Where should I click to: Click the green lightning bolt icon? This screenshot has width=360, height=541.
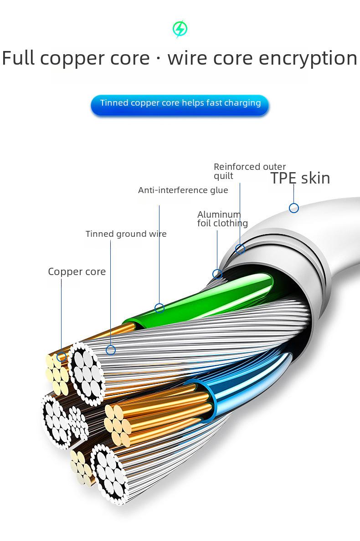(x=180, y=29)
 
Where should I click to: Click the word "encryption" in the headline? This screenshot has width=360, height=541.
(x=308, y=58)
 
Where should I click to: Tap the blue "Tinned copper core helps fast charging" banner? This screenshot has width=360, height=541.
(x=180, y=105)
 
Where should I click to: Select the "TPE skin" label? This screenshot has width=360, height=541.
(x=300, y=179)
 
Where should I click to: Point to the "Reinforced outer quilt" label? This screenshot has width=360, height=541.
(x=250, y=171)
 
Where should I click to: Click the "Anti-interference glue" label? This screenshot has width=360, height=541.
(x=183, y=190)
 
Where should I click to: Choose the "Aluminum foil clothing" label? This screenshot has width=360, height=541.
(x=223, y=219)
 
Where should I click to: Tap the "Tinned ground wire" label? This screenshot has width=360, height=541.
(x=126, y=234)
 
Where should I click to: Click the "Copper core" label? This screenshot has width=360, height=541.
(x=77, y=272)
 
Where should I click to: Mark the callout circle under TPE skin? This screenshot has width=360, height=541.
(x=294, y=208)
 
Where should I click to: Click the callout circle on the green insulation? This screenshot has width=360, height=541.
(x=159, y=308)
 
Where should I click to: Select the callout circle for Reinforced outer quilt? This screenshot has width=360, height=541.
(x=240, y=249)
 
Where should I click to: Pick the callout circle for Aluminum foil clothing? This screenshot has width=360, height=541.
(x=217, y=274)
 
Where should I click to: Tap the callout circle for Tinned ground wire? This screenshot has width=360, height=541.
(x=110, y=350)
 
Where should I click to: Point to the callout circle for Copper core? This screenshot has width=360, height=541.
(x=62, y=357)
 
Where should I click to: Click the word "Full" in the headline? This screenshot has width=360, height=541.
(x=18, y=58)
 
